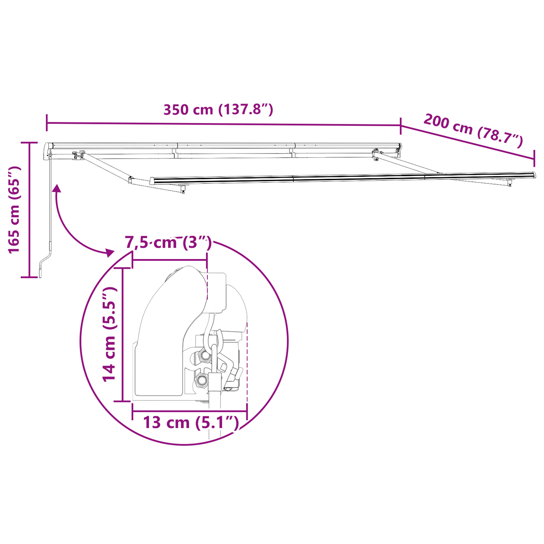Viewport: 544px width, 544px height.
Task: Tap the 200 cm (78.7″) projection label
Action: click(473, 130)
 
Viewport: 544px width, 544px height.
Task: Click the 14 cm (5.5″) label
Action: click(109, 334)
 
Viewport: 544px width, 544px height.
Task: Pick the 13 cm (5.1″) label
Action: click(191, 422)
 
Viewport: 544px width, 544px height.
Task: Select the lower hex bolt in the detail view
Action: click(201, 381)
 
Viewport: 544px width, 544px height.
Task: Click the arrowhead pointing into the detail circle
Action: click(109, 252)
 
